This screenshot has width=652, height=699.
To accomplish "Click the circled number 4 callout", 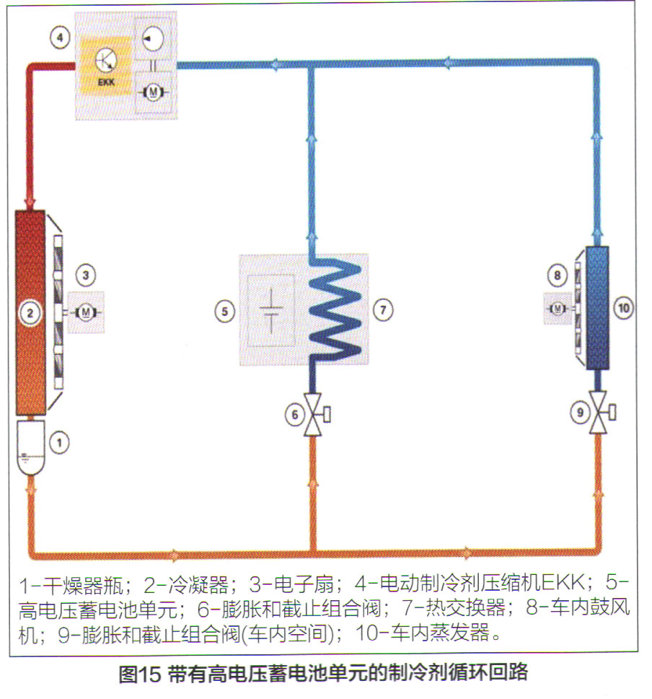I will click(61, 36).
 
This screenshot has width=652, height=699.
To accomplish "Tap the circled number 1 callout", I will click(61, 441).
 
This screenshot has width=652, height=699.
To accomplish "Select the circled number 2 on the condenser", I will click(30, 312).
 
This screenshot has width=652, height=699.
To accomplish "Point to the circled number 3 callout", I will click(85, 275).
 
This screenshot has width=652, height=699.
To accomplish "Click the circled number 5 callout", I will click(224, 311).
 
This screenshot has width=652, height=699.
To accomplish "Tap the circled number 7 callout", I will click(383, 309).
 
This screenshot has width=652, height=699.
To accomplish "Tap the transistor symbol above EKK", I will click(105, 58).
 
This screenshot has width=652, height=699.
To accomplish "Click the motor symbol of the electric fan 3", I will click(86, 312).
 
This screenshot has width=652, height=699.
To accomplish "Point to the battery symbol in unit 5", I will click(271, 310).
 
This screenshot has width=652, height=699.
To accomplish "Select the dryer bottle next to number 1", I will click(30, 447).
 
